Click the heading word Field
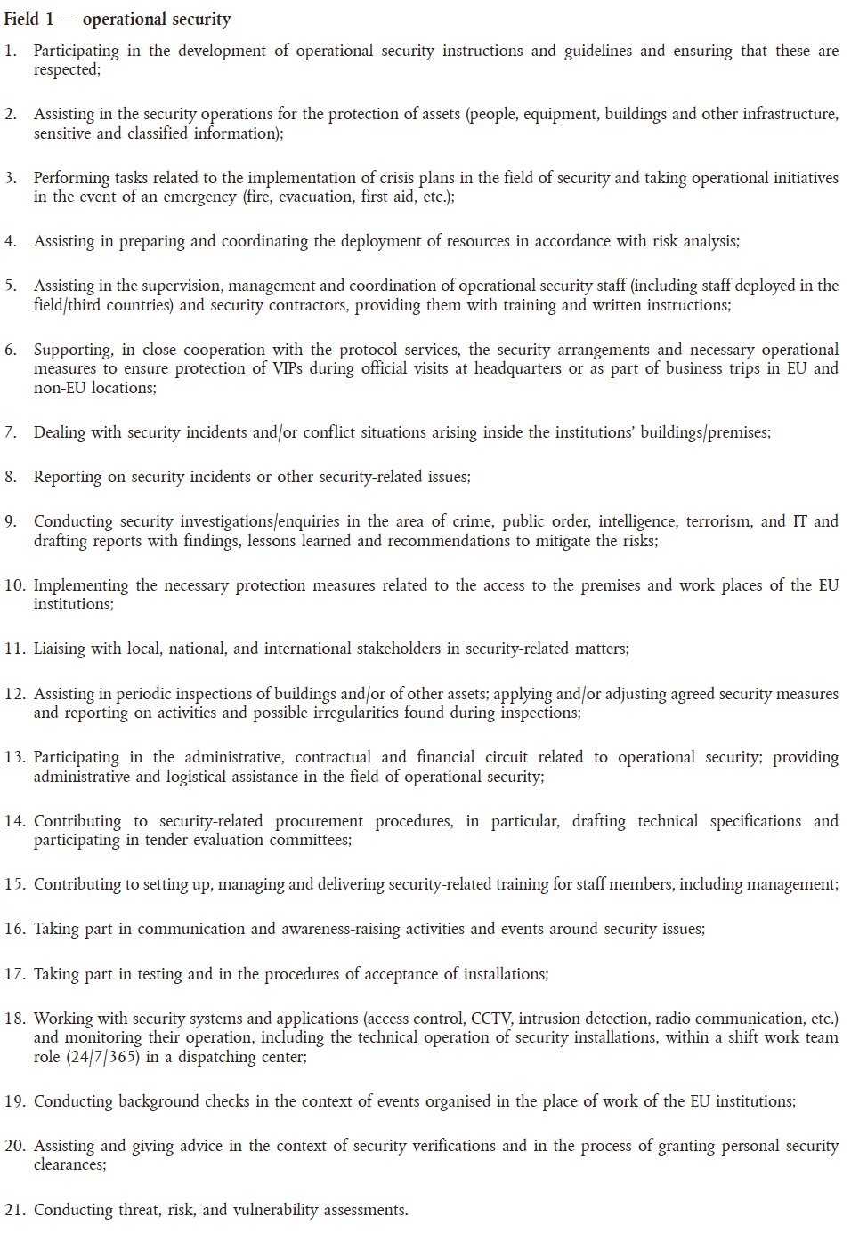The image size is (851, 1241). tap(22, 19)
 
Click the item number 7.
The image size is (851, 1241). tap(11, 432)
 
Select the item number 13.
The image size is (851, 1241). tap(15, 757)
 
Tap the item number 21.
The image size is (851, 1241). tap(15, 1210)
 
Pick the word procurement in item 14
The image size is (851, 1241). tap(319, 821)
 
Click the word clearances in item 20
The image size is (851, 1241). tap(68, 1164)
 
